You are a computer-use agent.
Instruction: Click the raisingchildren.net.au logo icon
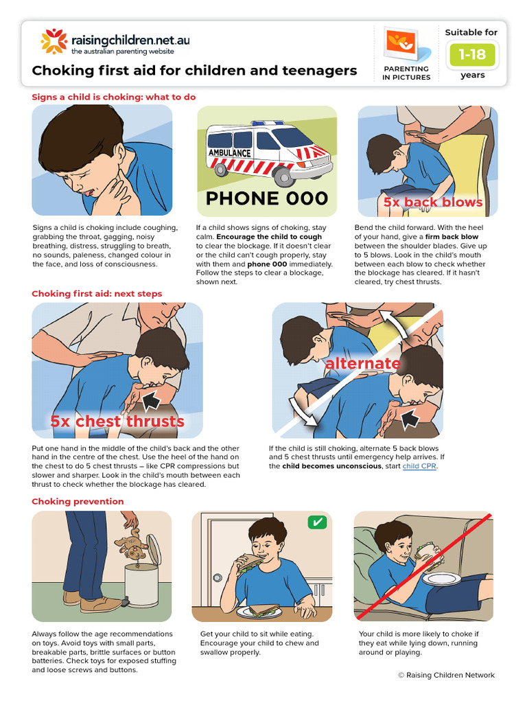click(54, 41)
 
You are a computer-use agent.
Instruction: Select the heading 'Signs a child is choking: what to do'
click(114, 97)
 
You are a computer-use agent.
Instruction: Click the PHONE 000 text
click(267, 199)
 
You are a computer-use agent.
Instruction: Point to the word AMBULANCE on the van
click(229, 152)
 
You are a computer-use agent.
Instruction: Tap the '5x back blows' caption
click(433, 203)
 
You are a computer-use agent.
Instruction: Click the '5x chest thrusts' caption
click(117, 421)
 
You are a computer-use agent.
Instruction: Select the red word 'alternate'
click(362, 363)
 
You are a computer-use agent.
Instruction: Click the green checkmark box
click(317, 522)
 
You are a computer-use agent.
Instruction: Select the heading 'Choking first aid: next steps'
click(97, 293)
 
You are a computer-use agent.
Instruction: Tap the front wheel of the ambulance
click(283, 177)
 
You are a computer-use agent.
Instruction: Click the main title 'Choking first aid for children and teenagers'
click(195, 71)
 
